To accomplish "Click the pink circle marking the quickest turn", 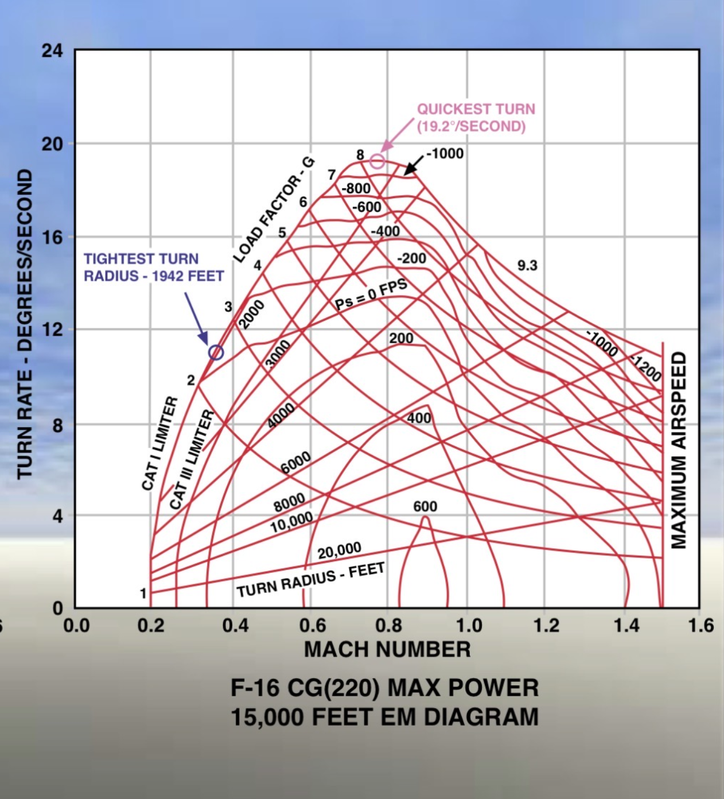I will (x=377, y=161).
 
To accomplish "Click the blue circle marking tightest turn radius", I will (x=216, y=352).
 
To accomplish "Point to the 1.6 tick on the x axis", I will (x=700, y=625).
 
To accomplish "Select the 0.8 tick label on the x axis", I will (x=388, y=625).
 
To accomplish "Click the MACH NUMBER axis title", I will (x=387, y=649).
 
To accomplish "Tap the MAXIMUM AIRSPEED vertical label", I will (x=679, y=450).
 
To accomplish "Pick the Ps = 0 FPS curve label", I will (x=371, y=294).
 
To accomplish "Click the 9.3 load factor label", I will (x=527, y=265).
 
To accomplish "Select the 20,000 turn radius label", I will (x=340, y=550).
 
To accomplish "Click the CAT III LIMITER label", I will (x=192, y=459).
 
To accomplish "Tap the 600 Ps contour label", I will (x=425, y=506).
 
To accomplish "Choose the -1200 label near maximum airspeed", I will (x=646, y=368).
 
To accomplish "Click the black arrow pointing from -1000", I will (x=414, y=165).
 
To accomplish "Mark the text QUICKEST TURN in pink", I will (x=476, y=109).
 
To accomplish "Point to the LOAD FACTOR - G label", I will (x=274, y=210).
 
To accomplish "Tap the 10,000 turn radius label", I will (x=291, y=522).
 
